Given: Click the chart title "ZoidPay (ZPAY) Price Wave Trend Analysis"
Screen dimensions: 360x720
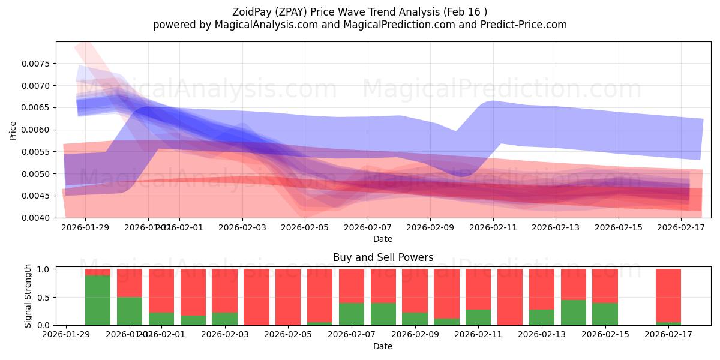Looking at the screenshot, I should point(342,12).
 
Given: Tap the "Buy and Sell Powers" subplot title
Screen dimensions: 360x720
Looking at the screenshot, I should point(383,257).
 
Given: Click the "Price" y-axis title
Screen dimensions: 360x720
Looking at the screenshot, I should point(13,130).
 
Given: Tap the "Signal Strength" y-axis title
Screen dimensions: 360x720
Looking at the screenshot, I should point(28,296).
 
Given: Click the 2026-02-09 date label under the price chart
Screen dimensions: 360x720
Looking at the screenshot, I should point(430,227).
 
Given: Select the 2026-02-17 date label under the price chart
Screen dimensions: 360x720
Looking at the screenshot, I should point(682,227).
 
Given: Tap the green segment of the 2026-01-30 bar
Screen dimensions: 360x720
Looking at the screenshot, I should point(98,300).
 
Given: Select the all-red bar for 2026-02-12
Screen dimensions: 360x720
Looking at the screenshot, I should point(510,297).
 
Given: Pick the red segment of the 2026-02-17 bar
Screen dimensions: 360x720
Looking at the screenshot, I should point(668,294).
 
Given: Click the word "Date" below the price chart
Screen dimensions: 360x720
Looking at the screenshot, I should point(383,239).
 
